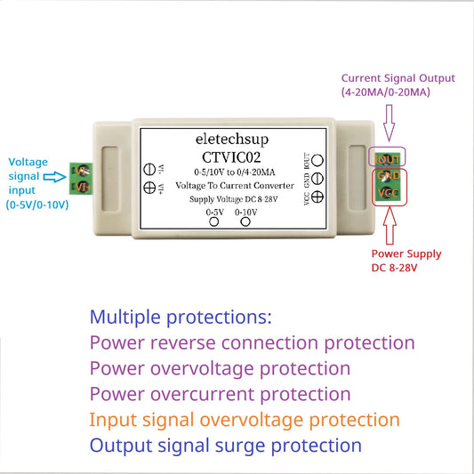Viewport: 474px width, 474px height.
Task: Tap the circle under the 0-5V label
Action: click(214, 223)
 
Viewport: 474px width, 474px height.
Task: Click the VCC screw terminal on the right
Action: click(388, 192)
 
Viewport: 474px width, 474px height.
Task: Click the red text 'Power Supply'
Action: click(406, 253)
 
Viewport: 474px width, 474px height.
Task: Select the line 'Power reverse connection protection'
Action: click(253, 343)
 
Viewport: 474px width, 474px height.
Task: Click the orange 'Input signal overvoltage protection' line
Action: click(245, 420)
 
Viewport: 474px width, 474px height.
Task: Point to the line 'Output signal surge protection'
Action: click(226, 446)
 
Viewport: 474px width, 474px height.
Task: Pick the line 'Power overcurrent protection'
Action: click(220, 394)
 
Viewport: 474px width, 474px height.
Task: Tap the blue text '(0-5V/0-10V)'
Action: click(42, 204)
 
